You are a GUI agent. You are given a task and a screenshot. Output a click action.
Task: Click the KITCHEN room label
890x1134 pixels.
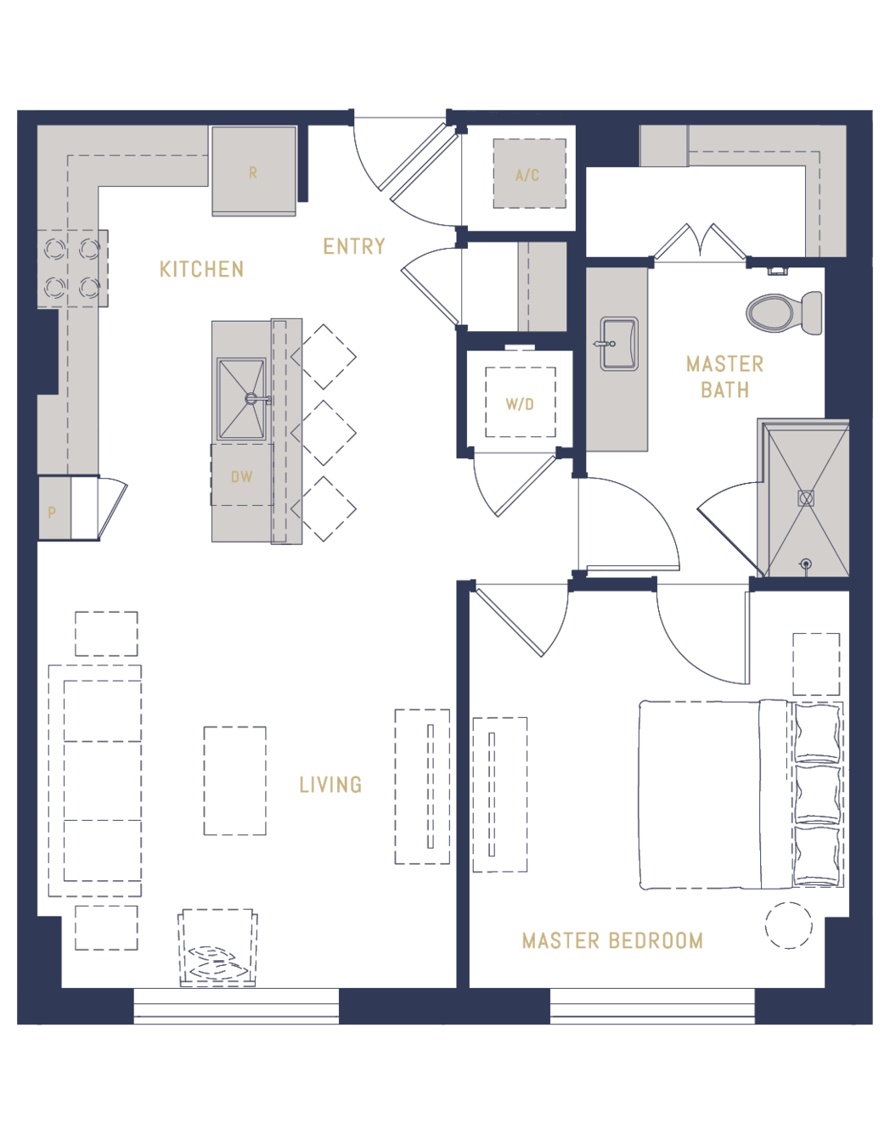(x=201, y=269)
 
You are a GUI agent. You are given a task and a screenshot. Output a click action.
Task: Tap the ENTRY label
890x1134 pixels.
(x=354, y=246)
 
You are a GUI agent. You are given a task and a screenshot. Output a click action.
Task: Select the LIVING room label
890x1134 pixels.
(x=330, y=784)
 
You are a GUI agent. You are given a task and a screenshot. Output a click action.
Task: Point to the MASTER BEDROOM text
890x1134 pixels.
(x=612, y=940)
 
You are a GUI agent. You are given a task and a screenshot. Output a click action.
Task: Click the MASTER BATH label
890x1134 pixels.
(x=724, y=377)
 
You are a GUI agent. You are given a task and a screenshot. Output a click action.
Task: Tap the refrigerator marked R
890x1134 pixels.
(x=254, y=171)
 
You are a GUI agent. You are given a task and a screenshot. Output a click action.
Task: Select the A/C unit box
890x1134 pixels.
(x=529, y=173)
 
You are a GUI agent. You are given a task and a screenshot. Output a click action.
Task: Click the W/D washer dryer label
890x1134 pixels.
(x=520, y=404)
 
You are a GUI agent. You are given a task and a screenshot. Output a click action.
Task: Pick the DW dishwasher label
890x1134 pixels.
(x=242, y=476)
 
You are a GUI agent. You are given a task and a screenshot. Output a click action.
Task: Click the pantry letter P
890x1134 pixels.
(x=52, y=513)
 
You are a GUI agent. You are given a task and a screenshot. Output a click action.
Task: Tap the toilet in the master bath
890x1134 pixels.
(x=784, y=313)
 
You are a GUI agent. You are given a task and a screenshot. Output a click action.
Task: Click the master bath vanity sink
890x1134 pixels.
(x=618, y=344)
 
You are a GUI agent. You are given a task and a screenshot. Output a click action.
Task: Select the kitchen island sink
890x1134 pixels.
(x=242, y=399)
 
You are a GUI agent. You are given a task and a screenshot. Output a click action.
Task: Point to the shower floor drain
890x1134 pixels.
(x=806, y=498)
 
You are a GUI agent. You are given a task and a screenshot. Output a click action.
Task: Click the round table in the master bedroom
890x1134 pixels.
(x=788, y=925)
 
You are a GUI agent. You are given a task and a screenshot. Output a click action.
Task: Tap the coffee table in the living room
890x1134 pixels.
(x=235, y=781)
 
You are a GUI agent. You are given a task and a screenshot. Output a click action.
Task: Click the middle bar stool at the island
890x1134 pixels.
(x=324, y=433)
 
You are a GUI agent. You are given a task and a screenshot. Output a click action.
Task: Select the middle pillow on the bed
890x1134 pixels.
(x=817, y=794)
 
